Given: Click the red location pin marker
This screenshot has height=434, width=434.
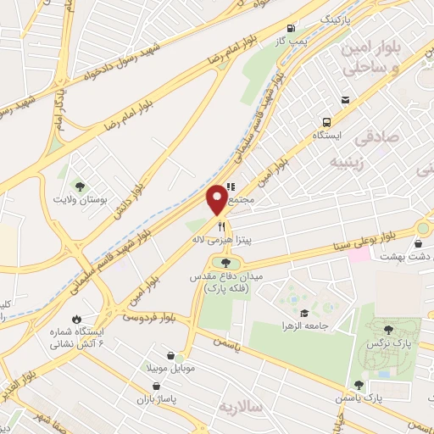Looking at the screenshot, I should [218, 198].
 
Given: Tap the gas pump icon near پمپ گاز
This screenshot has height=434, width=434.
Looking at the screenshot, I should [292, 26].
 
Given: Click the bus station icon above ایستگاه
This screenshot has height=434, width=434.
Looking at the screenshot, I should [346, 100].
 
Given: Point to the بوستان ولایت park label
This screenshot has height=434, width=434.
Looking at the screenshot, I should [79, 199].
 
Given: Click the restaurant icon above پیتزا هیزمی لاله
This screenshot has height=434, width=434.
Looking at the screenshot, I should [222, 226].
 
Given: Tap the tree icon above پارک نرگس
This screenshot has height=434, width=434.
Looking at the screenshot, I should [388, 329].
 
